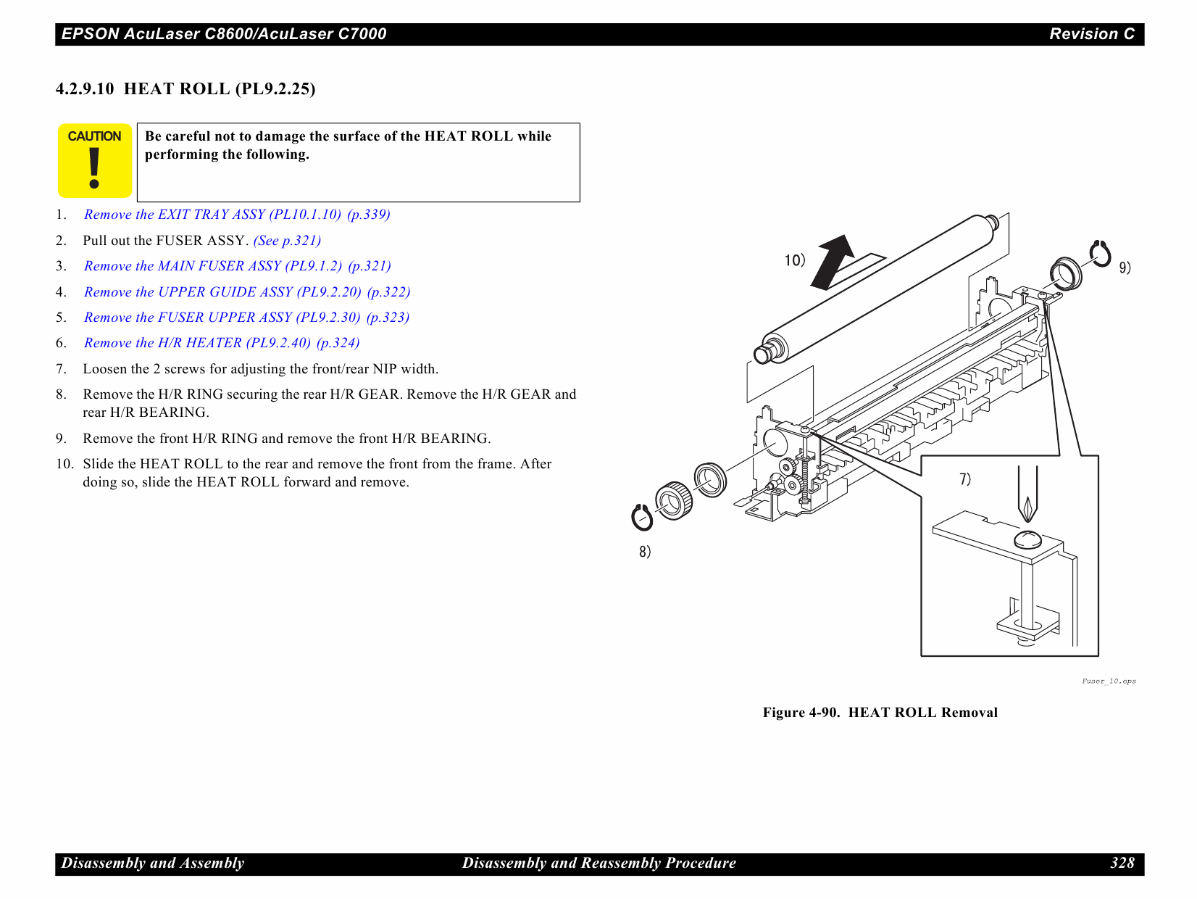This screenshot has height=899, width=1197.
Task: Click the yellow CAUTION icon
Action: tap(94, 161)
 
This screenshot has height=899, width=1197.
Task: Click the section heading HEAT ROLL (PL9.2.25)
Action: tap(185, 89)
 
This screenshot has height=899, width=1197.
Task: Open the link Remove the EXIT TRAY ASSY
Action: tap(237, 215)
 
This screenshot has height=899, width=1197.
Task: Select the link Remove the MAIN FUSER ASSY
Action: tap(237, 266)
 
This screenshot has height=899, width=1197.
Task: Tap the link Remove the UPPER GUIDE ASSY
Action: tap(246, 292)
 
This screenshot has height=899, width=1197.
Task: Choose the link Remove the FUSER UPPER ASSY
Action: tap(246, 318)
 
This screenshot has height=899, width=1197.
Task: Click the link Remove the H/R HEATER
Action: tap(222, 343)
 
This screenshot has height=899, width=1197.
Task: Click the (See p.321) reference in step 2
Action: tap(287, 241)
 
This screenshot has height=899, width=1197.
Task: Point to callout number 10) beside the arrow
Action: tap(794, 260)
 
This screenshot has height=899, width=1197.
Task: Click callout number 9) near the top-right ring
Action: tap(1125, 268)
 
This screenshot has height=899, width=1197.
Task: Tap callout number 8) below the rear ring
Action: tap(645, 552)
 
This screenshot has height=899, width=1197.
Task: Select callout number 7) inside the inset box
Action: tap(965, 479)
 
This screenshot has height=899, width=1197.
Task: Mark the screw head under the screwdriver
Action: tap(1027, 539)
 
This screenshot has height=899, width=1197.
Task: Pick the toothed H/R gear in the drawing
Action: tap(674, 500)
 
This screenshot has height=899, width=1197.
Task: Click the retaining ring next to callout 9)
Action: tap(1101, 254)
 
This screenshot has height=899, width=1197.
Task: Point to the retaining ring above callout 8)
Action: tap(642, 518)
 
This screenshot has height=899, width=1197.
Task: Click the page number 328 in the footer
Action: tap(1122, 863)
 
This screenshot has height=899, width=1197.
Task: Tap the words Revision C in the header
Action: tap(1091, 34)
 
